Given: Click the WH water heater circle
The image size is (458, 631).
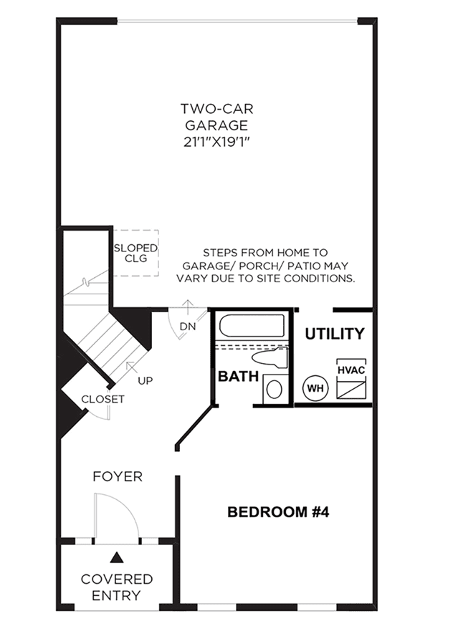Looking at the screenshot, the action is click(315, 388).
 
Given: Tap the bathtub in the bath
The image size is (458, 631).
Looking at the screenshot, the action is click(252, 325).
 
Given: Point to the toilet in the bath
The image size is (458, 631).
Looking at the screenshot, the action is click(270, 357).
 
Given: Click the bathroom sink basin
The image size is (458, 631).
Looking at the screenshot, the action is click(275, 389).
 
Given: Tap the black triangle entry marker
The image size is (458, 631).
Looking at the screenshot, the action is click(117, 557).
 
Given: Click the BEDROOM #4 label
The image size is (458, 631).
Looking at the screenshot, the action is click(278, 512).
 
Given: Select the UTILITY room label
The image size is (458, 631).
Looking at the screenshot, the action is click(334, 334).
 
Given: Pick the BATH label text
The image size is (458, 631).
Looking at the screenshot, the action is click(238, 376).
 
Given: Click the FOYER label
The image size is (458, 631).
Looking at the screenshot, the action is click(118, 476).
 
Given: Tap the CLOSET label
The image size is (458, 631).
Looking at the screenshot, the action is click(102, 399).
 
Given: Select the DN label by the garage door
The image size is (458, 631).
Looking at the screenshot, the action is click(187, 327).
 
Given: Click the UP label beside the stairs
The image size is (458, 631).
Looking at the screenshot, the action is click(145, 380).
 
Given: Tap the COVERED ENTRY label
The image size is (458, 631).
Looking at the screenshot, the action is click(117, 587).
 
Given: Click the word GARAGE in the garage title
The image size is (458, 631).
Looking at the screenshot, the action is click(216, 125).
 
